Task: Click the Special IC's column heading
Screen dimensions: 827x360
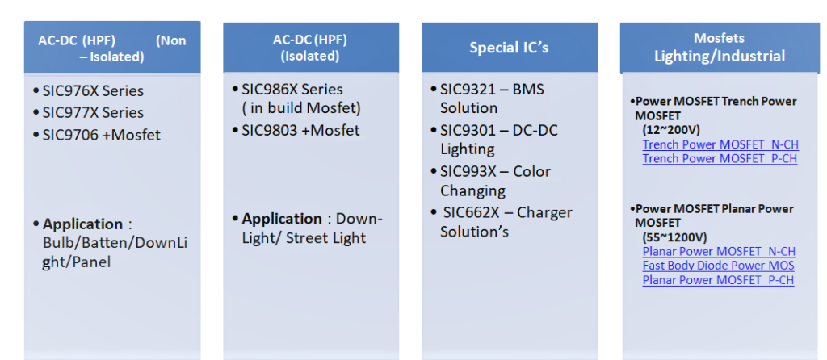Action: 509,48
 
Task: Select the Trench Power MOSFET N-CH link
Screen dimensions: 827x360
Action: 720,144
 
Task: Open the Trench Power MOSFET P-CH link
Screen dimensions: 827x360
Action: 720,159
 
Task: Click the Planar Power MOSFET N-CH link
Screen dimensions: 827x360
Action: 719,252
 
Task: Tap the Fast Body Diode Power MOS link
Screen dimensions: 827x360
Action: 718,266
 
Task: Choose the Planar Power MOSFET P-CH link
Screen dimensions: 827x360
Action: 718,280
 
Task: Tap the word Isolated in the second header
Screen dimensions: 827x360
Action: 310,56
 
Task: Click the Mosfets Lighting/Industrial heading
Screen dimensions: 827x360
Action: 720,47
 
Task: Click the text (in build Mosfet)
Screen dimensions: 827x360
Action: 301,109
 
